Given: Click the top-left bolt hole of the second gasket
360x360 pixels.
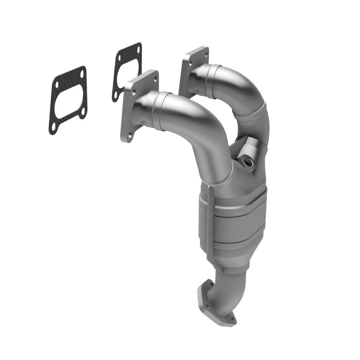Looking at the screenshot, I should click(x=119, y=58).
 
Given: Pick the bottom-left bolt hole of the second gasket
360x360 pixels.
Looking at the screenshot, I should click(x=116, y=95).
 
